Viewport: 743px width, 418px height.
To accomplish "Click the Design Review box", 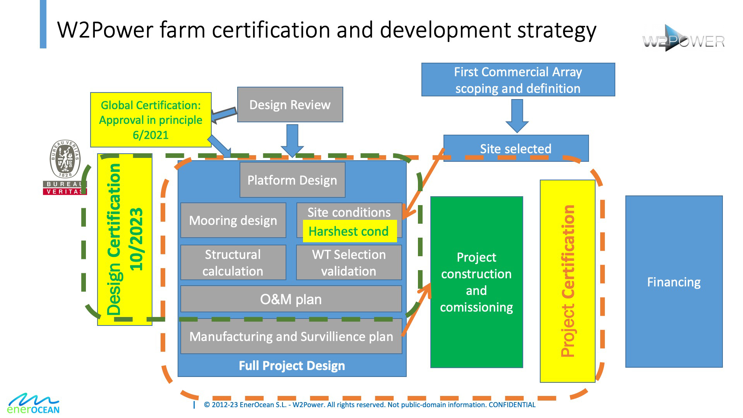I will pos(290,104).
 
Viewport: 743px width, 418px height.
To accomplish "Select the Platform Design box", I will pos(292,180).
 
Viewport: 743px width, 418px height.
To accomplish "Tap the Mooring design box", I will pos(233,220).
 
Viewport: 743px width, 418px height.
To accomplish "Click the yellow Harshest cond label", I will pos(349,231).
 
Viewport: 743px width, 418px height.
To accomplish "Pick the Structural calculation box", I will pos(233,262).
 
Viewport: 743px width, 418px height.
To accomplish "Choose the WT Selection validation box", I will pos(349,262).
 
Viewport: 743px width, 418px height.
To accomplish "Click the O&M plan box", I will pos(291,299).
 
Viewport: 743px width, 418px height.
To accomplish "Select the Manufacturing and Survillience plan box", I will pos(291,336).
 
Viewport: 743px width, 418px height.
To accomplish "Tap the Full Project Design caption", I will pos(292,366).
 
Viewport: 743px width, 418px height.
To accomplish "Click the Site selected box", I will pos(515,148).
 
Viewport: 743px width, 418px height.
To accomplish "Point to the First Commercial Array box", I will pos(518,80).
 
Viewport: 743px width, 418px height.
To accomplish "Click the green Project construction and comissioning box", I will pos(476,282).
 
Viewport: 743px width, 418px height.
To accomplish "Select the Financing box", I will pos(674,282).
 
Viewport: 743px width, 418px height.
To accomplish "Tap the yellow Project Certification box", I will pos(567,281).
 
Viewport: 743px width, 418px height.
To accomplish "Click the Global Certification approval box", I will pos(151,120).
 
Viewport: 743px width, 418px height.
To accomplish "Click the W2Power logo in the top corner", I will pos(683,39).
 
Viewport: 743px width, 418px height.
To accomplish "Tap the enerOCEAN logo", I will pos(34,404).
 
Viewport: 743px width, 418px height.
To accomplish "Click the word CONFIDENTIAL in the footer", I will pos(512,405).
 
